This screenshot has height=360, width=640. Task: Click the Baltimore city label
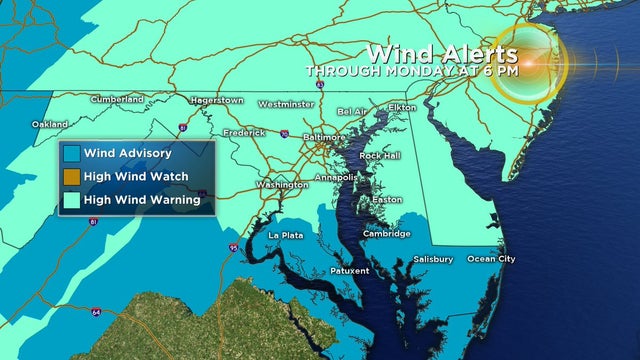[325, 137]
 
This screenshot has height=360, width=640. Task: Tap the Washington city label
[282, 185]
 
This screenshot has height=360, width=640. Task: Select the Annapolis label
[335, 178]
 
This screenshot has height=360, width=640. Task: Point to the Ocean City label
[492, 259]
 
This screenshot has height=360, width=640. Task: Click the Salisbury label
[433, 259]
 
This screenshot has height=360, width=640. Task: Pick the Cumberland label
[116, 99]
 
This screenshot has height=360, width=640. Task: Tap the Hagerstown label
[217, 100]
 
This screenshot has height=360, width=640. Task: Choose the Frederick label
[244, 132]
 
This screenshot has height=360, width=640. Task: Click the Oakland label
[50, 124]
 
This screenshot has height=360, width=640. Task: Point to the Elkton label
[402, 106]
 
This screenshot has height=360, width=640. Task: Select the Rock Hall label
[379, 156]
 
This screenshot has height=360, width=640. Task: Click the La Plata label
[286, 235]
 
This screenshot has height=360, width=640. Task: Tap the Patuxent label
[349, 270]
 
